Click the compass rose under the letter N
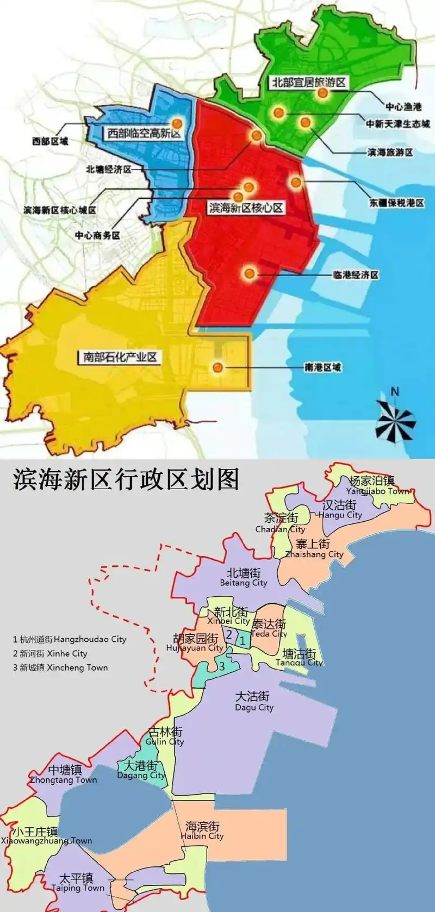click(395, 420)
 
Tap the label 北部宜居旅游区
click(309, 83)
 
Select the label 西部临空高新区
click(144, 133)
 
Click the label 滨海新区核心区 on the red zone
click(246, 208)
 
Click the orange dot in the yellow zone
click(217, 367)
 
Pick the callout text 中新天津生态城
click(398, 124)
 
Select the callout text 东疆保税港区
click(396, 203)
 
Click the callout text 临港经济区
click(356, 275)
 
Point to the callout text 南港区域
click(322, 367)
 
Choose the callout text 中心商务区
click(97, 235)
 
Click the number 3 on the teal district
click(222, 666)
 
